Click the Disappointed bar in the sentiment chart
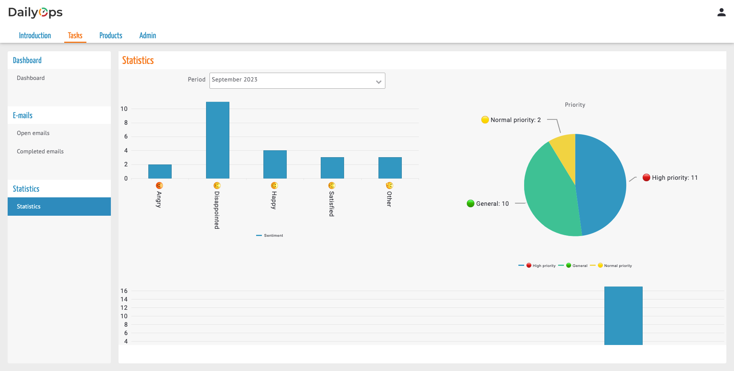click(x=218, y=140)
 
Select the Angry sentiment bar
click(x=160, y=171)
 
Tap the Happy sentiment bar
click(x=275, y=164)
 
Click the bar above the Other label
click(x=390, y=168)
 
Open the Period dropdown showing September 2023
click(x=297, y=81)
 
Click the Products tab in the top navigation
click(x=111, y=36)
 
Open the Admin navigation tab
click(x=148, y=36)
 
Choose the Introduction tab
click(x=35, y=36)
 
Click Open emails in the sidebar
click(x=33, y=133)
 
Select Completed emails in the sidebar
click(x=40, y=151)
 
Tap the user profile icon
click(x=721, y=13)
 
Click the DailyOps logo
click(x=35, y=13)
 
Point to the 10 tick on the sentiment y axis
click(x=124, y=109)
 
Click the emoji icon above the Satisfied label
click(x=332, y=185)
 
